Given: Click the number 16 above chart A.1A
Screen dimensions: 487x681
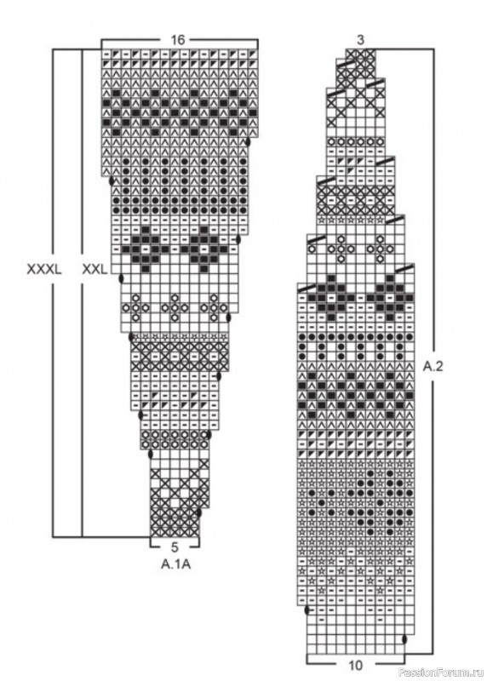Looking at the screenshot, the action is tap(178, 40).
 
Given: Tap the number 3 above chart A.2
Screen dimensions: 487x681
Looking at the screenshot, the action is tap(361, 40).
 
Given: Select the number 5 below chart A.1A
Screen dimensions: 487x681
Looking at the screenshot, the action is tap(175, 547).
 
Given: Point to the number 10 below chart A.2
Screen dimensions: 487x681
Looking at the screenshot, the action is tap(355, 665).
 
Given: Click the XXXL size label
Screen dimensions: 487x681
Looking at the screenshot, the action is tap(44, 269).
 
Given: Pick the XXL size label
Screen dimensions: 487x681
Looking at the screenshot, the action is tap(95, 269).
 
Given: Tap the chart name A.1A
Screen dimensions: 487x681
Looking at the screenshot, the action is tap(176, 564).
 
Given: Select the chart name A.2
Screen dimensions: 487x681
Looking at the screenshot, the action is tap(433, 367).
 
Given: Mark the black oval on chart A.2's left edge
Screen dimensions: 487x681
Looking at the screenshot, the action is tap(307, 610).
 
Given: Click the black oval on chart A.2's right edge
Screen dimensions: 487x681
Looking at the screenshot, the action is tap(405, 639).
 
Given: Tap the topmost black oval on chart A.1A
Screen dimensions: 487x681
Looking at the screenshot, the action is tap(248, 142).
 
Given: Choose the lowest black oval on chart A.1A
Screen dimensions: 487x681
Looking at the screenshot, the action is tap(199, 512).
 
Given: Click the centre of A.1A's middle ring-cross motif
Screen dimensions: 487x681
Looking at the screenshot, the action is tap(175, 307).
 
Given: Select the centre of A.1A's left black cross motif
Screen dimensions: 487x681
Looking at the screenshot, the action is tap(146, 249).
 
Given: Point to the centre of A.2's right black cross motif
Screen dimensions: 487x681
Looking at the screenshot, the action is tap(390, 297).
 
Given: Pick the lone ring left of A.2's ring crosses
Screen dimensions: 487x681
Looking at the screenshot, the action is tap(312, 249).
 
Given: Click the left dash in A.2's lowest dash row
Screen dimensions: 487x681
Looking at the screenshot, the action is tap(322, 620).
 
